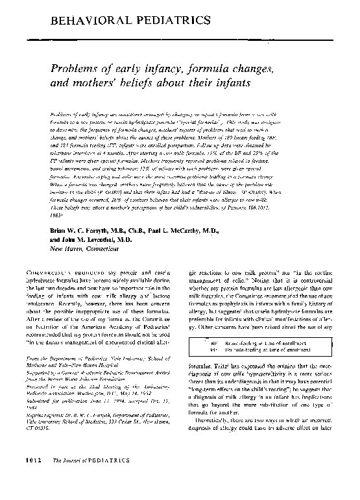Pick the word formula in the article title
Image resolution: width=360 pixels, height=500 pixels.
click(x=213, y=67)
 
